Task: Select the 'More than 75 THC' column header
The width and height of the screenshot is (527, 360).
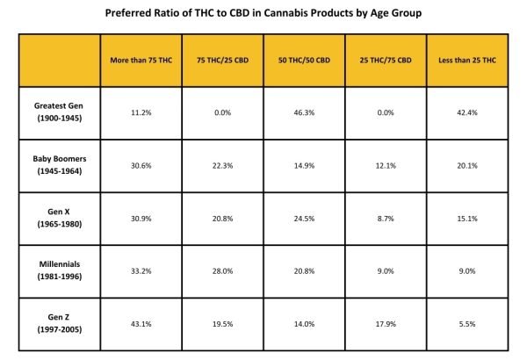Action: point(141,59)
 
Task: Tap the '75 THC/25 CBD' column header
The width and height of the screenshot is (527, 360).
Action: point(222,59)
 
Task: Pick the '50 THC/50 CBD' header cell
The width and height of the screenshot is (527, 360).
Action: point(304,59)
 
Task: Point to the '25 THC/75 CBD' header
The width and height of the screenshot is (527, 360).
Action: point(386,59)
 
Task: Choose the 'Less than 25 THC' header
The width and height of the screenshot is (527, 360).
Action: point(467,59)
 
